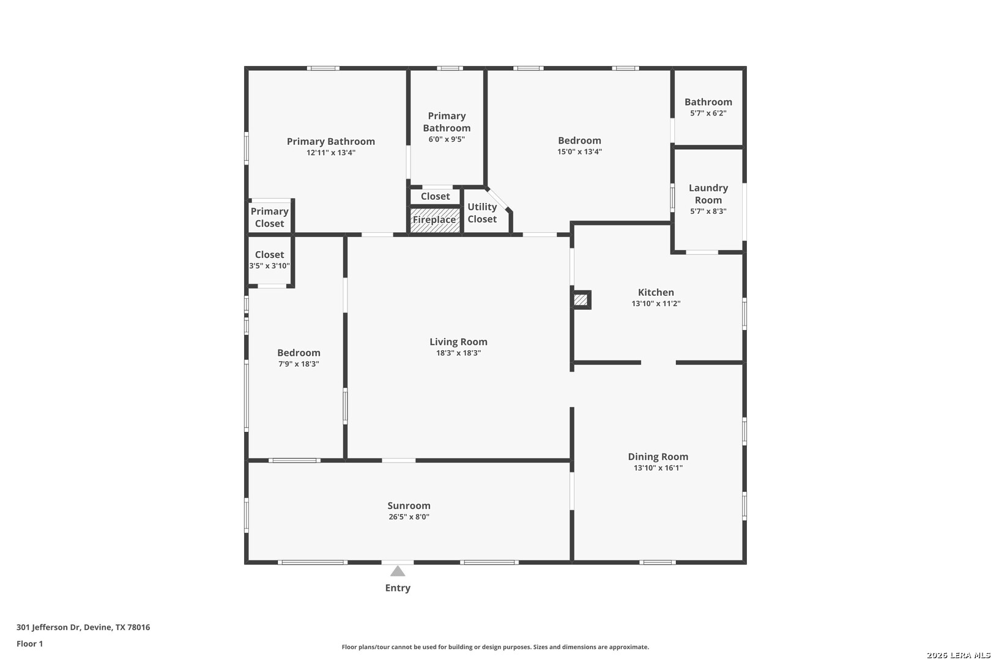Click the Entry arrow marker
coord(398,571)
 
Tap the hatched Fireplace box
coord(436,220)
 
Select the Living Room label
coord(458,342)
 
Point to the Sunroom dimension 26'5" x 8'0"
coord(409,517)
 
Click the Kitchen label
coord(656,292)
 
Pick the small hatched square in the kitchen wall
coord(581,300)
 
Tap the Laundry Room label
coord(708,194)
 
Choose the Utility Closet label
coord(482,213)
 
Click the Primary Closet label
coord(269,218)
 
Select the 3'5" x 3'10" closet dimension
coord(269,266)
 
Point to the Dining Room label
coord(658,457)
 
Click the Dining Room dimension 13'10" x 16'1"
coord(658,468)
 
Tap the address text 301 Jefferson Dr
coord(49,627)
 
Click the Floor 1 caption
coord(29,643)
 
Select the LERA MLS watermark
coord(958,655)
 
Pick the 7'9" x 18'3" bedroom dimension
coord(299,364)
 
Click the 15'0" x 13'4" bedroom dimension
coord(579,152)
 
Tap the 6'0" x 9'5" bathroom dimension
coord(447,139)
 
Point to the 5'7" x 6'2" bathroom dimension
coord(708,113)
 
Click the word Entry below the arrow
coord(398,588)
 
